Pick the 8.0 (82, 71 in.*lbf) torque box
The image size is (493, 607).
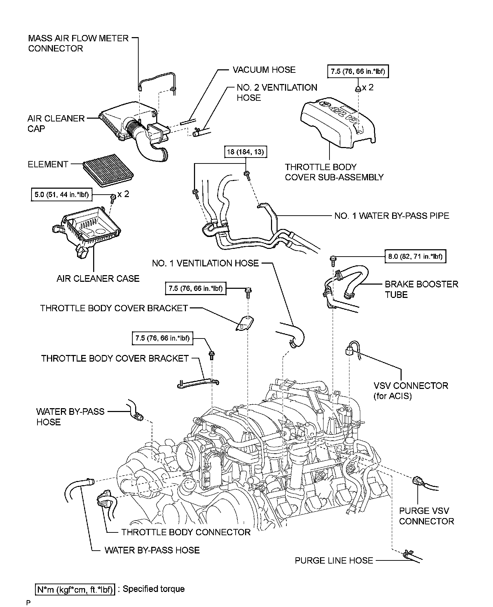click(416, 257)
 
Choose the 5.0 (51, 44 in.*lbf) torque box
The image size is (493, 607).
click(62, 195)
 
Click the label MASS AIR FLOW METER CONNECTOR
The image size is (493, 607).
click(78, 43)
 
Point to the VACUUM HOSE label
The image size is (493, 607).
click(264, 70)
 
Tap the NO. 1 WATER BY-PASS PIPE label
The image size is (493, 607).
click(391, 216)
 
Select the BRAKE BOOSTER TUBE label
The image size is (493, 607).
click(421, 289)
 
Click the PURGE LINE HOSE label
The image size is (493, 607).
click(334, 560)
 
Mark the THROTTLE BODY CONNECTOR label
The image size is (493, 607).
click(186, 532)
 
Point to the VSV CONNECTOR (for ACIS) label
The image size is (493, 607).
click(411, 391)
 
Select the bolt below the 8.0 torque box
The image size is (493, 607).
click(332, 260)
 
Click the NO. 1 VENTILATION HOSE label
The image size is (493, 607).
click(205, 263)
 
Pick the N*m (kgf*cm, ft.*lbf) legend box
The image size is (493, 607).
click(75, 589)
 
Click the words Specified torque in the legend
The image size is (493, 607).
click(153, 589)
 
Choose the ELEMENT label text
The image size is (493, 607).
click(48, 164)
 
